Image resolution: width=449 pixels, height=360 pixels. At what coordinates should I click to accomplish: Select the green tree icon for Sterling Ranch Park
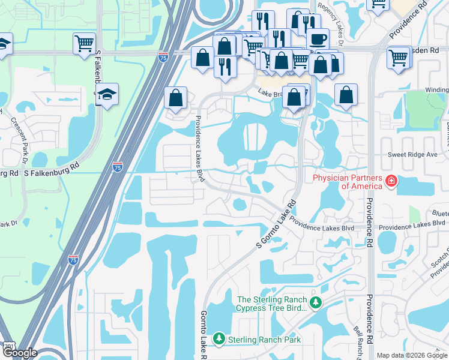point(219,339)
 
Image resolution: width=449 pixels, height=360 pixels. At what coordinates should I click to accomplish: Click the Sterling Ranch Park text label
point(264,340)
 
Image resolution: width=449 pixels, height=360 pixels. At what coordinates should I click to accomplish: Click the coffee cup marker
point(318,39)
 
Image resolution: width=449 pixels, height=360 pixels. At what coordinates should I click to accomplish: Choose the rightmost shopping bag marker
point(346,95)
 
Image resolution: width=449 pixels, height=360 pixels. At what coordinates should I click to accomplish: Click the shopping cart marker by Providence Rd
point(399,58)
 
